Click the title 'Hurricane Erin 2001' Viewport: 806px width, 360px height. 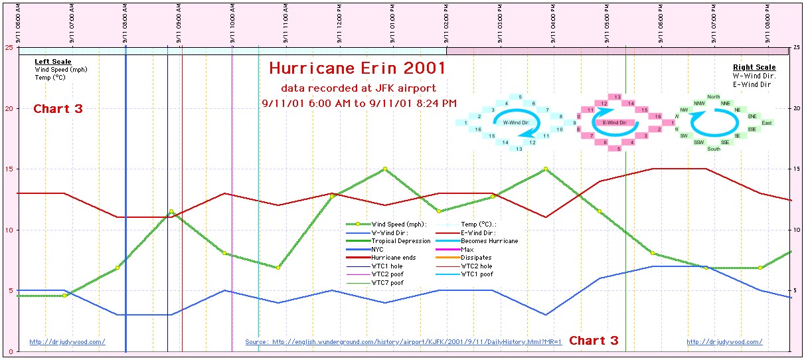tap(357, 69)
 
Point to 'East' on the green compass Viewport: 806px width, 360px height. tap(767, 123)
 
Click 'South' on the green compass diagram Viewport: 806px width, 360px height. tap(714, 149)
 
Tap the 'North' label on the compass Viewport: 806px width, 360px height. tap(714, 97)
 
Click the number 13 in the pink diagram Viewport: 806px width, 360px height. tap(617, 97)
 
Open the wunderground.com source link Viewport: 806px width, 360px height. tap(403, 342)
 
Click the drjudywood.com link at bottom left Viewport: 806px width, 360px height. tap(67, 342)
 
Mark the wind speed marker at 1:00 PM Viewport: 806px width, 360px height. tap(384, 169)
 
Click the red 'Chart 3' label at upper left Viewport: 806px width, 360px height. tap(58, 109)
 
